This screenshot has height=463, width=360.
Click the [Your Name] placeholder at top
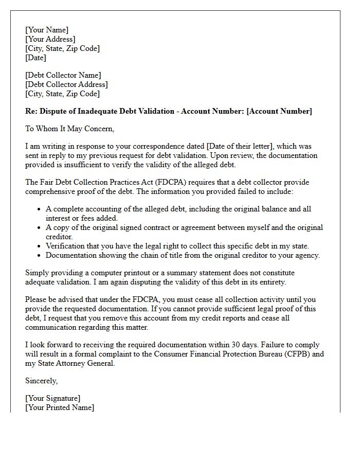tap(47, 30)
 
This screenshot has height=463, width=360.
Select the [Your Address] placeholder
tap(50, 39)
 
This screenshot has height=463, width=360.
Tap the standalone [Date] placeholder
tap(36, 58)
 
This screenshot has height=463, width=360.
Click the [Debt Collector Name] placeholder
tap(63, 75)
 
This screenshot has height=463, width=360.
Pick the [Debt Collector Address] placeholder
tap(67, 84)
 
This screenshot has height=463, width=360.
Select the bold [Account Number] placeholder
tap(279, 111)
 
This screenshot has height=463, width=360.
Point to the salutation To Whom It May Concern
tap(70, 129)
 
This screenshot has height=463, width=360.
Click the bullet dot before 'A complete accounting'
tap(40, 209)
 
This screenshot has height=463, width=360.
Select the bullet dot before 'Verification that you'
tap(40, 246)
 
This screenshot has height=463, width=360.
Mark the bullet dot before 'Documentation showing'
tap(40, 255)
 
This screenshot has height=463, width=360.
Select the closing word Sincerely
tap(42, 381)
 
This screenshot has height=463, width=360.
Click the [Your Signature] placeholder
tap(53, 398)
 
